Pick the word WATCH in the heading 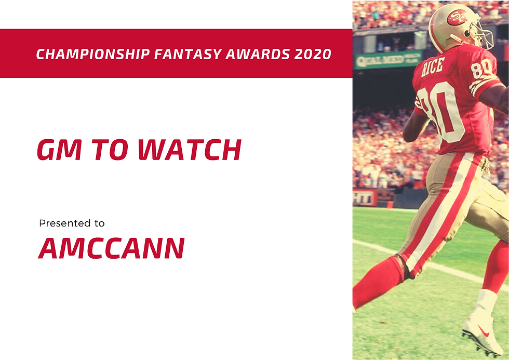189,150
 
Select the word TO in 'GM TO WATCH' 107,150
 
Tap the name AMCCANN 111,249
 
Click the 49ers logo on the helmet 458,18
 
